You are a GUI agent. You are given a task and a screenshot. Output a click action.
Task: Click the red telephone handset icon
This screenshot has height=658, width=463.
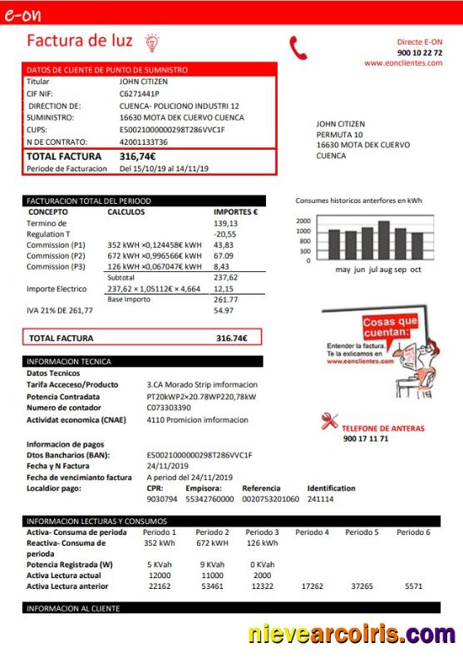[x=298, y=48]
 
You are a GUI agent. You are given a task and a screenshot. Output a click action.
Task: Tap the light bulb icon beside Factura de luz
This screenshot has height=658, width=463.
[x=152, y=42]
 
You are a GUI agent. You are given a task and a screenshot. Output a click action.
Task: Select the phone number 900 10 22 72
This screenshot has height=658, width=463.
[x=420, y=52]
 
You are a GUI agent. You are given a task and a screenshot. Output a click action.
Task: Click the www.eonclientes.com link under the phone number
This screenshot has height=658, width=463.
[x=402, y=62]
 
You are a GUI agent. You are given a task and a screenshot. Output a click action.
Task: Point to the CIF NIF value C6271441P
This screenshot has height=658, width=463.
[x=139, y=94]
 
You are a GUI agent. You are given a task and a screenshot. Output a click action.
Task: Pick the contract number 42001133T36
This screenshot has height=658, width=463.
[x=143, y=141]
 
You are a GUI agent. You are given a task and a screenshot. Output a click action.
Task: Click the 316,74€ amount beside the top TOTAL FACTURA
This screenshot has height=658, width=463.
[x=137, y=156]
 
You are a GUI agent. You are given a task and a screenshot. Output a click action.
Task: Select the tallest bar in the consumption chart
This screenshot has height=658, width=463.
[x=383, y=240]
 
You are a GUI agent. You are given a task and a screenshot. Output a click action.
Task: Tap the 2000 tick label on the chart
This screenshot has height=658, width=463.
[x=303, y=221]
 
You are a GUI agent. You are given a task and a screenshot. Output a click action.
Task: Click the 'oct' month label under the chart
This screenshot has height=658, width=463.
[x=416, y=270]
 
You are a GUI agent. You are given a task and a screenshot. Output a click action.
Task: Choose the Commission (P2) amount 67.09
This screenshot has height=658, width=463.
[x=224, y=256]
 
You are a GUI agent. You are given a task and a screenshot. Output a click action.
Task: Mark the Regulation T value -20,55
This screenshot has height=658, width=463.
[x=225, y=235]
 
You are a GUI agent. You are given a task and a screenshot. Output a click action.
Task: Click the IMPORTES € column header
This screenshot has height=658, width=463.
[x=235, y=212]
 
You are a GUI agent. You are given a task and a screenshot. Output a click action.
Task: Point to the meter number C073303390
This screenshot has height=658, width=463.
[x=169, y=408]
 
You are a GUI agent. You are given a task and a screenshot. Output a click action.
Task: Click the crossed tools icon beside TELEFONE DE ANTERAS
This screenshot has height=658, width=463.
[x=329, y=421]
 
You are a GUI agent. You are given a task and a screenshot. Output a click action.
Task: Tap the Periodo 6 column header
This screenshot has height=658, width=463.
[x=413, y=532]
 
